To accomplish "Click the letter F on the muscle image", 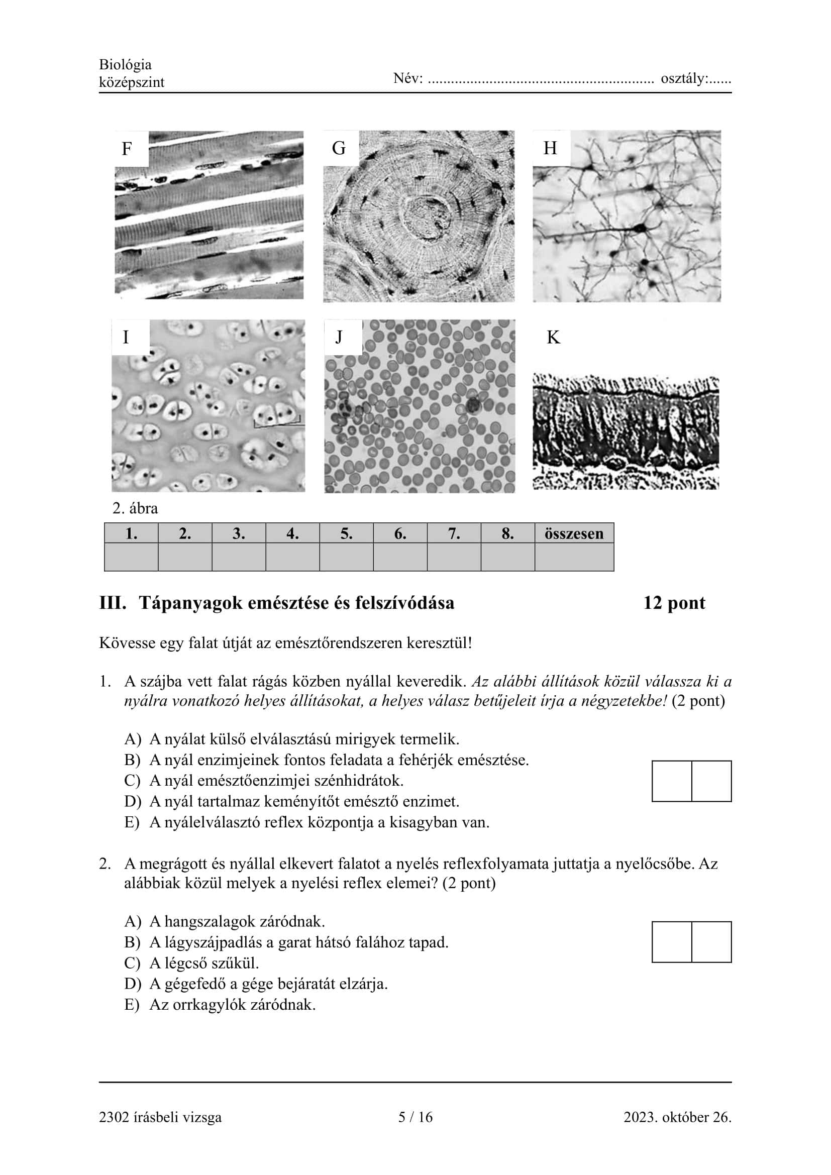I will click(127, 149).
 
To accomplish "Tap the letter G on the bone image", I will click(339, 148).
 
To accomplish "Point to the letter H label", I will click(550, 148).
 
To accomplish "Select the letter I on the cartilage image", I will click(126, 337).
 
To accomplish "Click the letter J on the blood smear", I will click(339, 337).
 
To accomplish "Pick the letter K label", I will click(553, 338).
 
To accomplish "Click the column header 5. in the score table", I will click(347, 534).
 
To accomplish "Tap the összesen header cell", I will click(574, 534).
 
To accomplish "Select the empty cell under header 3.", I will click(239, 557).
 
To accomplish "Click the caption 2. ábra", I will click(135, 508).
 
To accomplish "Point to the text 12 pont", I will click(674, 603).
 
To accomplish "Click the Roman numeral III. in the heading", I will click(113, 603).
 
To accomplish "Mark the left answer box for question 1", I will click(672, 781).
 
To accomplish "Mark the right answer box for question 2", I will click(711, 942).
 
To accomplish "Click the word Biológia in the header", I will click(126, 64).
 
